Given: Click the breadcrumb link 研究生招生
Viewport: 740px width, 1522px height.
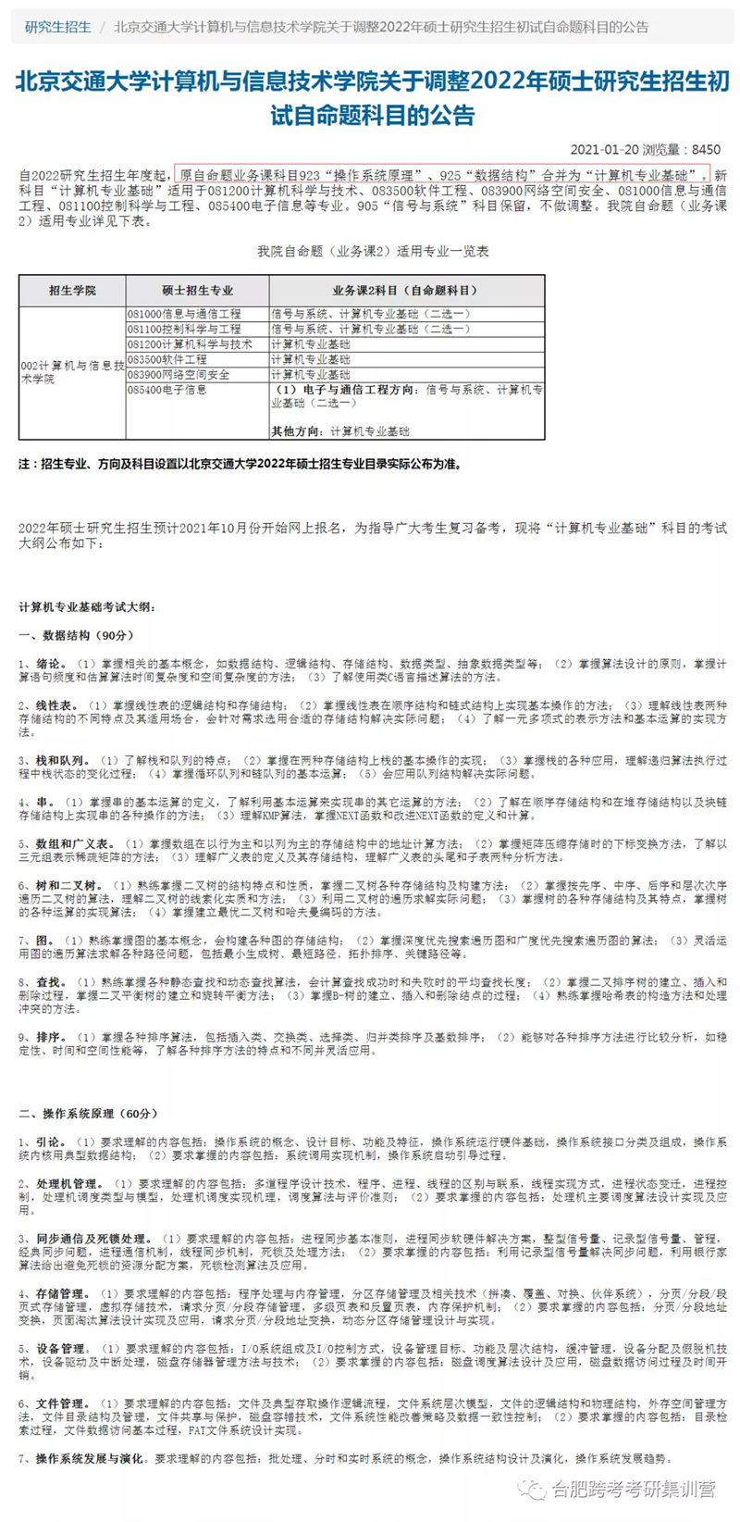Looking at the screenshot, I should [x=58, y=27].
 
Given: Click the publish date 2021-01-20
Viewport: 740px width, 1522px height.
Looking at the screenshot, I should [x=601, y=149].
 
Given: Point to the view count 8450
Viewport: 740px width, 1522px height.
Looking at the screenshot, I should [x=706, y=149].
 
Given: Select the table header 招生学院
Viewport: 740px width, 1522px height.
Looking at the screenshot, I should [x=72, y=291].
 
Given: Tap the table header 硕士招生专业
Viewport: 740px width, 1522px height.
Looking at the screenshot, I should [x=197, y=291].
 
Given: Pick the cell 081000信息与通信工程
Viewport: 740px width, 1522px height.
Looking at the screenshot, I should [x=184, y=315].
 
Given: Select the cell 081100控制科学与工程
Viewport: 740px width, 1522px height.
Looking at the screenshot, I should [x=184, y=330].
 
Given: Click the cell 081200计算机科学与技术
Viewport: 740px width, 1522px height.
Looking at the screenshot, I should [x=190, y=344].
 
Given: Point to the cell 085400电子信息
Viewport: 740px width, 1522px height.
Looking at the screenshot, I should [x=167, y=390].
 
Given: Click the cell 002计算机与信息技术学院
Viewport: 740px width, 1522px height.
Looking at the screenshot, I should [x=72, y=372].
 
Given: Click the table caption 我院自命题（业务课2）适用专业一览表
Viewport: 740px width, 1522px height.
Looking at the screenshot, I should [x=373, y=251].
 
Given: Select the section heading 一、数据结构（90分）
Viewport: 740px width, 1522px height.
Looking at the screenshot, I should [x=77, y=635].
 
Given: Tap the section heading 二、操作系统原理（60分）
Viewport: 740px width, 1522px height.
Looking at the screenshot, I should [x=89, y=1113].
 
